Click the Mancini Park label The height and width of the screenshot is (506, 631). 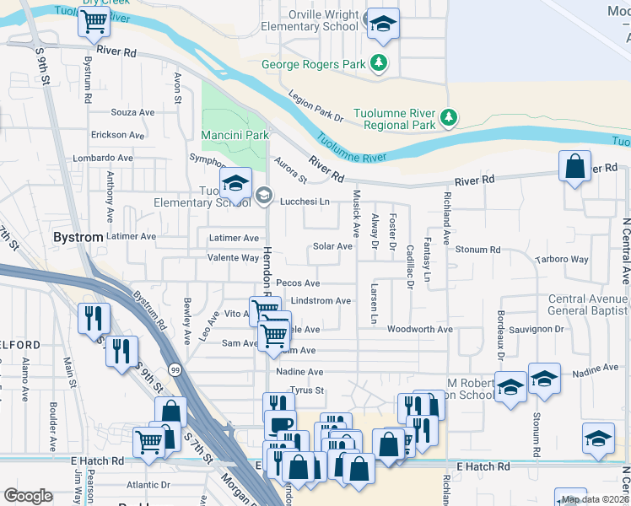235,135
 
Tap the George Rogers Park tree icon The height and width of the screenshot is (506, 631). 380,62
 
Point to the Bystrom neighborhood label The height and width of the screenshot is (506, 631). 78,238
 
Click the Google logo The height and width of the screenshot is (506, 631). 28,496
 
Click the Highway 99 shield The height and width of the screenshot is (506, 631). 174,369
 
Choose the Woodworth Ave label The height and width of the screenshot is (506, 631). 421,330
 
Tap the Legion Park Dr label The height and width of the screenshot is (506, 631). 316,107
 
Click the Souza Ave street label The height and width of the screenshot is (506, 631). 133,111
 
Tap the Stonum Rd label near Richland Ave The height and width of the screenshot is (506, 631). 477,250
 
